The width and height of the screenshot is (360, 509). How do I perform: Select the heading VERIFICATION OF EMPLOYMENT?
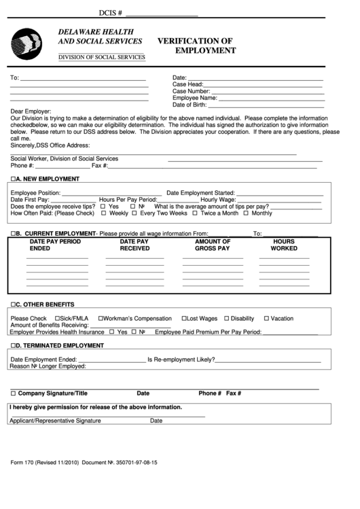(x=196, y=46)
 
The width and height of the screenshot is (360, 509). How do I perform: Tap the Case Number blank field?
(x=267, y=91)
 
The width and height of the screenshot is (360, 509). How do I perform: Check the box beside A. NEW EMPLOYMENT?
(x=13, y=179)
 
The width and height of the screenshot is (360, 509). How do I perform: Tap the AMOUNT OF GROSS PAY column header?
(x=213, y=245)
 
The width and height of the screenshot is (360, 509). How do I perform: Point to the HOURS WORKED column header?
(x=284, y=245)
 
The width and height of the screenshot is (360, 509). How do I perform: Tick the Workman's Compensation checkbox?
(x=101, y=319)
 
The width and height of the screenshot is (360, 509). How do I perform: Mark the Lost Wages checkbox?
(x=184, y=319)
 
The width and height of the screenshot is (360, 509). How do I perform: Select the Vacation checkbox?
(x=266, y=319)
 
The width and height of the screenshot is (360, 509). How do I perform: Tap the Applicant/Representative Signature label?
(x=55, y=421)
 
